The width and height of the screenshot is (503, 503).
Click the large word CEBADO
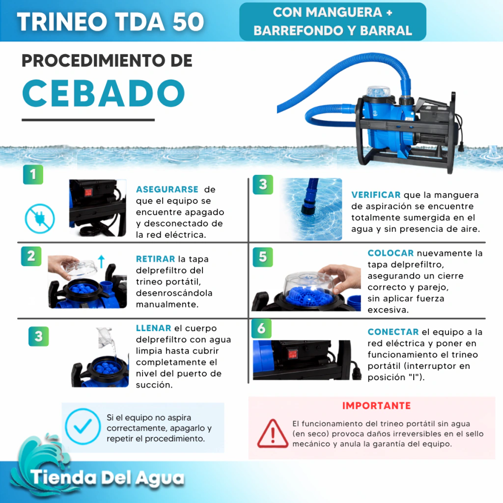[104, 93]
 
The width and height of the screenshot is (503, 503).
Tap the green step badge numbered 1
[33, 174]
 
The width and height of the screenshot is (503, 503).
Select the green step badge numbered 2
[31, 256]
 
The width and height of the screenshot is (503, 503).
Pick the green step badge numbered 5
[263, 257]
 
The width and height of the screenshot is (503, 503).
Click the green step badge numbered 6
[261, 329]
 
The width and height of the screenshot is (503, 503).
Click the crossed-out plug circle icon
[40, 219]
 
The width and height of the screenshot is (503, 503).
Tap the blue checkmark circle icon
[83, 426]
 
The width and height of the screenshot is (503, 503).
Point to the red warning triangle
[272, 434]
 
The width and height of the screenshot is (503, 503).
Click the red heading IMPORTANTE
[376, 406]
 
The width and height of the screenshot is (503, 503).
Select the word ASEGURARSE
[167, 189]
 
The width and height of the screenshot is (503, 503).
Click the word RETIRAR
[156, 259]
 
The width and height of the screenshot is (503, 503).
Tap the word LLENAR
[154, 328]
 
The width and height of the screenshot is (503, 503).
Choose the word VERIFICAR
[376, 195]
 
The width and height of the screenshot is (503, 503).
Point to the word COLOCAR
[391, 253]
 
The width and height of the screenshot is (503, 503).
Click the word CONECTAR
[393, 332]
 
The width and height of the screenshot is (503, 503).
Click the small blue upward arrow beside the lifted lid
[101, 261]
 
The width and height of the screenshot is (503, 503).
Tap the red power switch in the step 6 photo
[292, 354]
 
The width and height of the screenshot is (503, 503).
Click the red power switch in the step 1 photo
[88, 193]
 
